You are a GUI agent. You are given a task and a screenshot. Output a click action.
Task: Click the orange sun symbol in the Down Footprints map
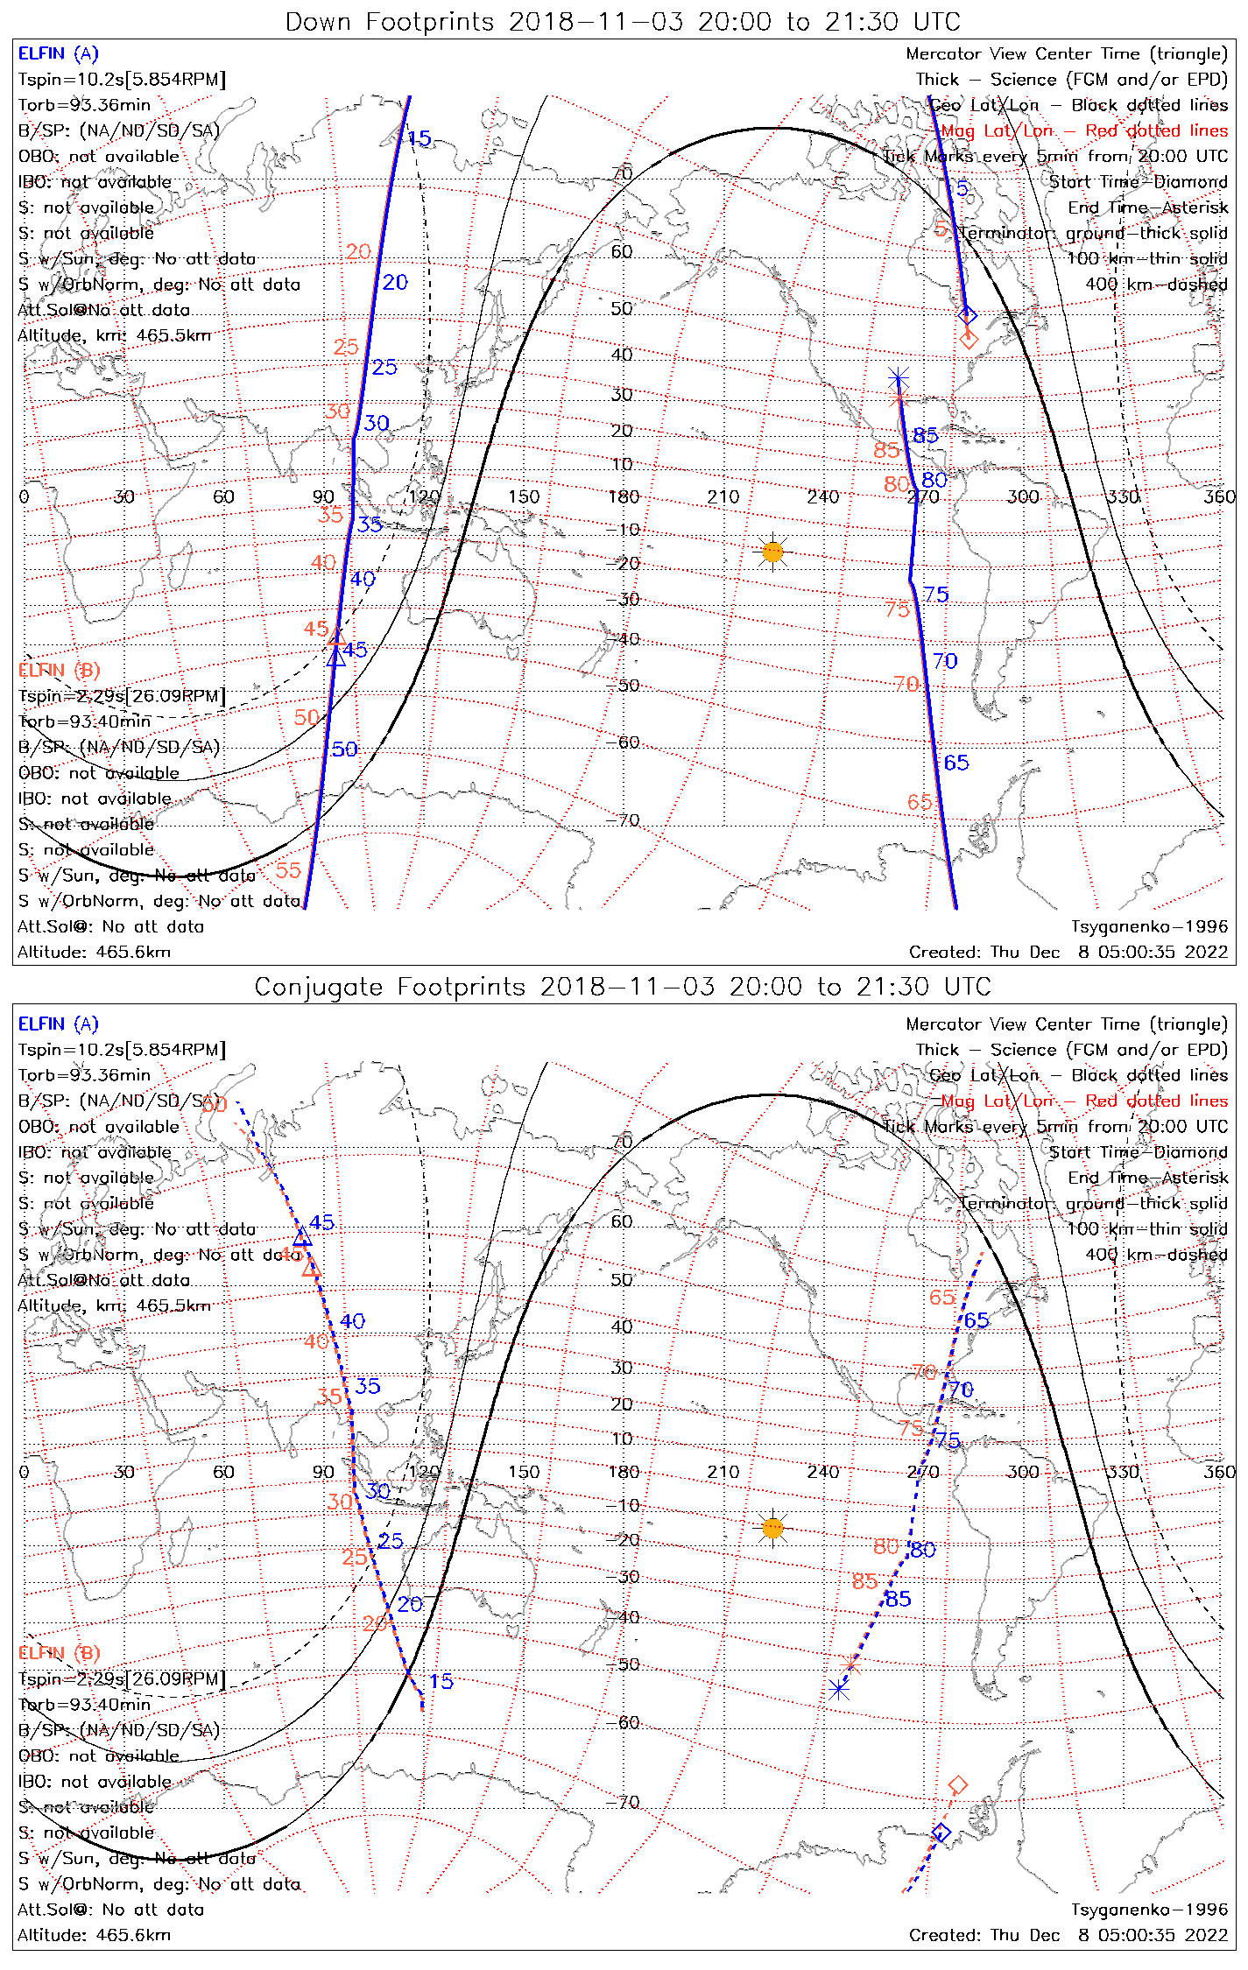772,552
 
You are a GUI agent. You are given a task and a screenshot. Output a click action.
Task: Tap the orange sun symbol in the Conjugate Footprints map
772,1528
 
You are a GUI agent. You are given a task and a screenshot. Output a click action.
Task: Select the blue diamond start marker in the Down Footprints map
967,315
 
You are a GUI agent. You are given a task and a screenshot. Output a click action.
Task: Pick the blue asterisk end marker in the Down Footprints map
899,379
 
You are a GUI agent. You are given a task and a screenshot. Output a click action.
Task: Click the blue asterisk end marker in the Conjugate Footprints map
839,1689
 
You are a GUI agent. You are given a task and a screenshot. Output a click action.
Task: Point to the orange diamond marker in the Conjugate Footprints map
958,1784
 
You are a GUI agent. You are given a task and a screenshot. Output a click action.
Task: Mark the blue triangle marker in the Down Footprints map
336,658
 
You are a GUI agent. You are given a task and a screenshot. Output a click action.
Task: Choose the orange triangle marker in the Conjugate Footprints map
311,1268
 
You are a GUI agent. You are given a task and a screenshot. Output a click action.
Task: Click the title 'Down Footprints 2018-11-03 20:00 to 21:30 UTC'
623,22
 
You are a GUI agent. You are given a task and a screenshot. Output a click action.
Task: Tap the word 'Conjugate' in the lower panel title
320,987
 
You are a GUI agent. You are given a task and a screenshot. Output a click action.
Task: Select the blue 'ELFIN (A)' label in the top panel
59,54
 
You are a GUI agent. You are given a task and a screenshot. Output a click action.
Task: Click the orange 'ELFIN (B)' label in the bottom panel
60,1652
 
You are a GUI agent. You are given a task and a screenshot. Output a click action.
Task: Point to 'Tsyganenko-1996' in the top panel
1149,926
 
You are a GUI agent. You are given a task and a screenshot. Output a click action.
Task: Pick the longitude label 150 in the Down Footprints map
524,496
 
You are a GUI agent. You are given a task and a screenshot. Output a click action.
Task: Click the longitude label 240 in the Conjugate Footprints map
823,1472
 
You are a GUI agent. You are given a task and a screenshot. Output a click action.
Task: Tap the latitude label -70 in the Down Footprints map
623,820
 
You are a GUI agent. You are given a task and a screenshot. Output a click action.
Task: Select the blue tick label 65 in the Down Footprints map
956,763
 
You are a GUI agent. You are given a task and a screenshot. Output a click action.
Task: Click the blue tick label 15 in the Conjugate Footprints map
441,1681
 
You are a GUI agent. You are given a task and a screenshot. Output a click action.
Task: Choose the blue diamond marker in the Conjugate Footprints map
941,1833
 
